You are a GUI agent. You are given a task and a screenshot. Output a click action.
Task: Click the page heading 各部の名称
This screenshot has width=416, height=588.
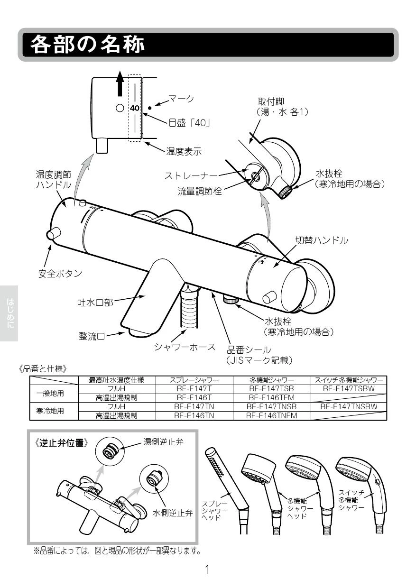tap(87, 45)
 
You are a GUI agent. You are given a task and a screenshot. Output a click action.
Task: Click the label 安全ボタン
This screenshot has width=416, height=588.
tap(60, 274)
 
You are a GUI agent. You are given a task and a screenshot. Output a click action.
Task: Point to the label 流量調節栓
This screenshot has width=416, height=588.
tap(200, 192)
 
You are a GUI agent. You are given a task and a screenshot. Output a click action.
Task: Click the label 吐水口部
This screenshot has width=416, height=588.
tap(95, 302)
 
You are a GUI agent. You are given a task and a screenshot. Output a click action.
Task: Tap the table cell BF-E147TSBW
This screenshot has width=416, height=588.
tap(349, 388)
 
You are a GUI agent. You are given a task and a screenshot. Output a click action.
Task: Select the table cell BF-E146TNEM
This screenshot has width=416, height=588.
tap(272, 415)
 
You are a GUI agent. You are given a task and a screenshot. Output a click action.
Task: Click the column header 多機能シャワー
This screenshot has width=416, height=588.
tap(272, 380)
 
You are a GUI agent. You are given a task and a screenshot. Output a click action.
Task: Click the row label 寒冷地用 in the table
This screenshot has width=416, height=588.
tap(50, 411)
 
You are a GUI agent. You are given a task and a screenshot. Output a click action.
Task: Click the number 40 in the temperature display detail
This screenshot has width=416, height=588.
tap(135, 108)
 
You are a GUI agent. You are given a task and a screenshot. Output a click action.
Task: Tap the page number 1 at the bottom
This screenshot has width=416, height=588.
tap(207, 570)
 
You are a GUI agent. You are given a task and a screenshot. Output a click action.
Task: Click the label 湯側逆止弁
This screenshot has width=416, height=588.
tap(163, 441)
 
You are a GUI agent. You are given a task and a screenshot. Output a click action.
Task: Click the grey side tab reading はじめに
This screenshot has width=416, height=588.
tap(9, 313)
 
